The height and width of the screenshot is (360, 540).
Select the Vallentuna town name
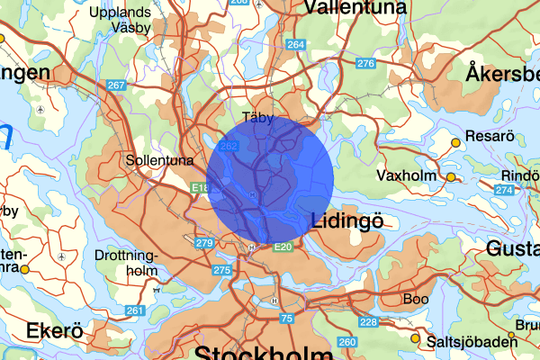click(x=350, y=8)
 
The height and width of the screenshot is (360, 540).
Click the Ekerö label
click(x=55, y=331)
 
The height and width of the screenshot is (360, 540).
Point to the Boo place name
click(x=417, y=298)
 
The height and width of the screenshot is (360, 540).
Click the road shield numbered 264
click(x=295, y=44)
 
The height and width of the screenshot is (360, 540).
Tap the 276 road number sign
click(x=364, y=63)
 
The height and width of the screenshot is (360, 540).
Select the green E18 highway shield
click(x=200, y=188)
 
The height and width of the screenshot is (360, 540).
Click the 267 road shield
click(x=115, y=85)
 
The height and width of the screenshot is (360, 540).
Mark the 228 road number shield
click(x=368, y=323)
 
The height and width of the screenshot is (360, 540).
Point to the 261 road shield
click(x=135, y=311)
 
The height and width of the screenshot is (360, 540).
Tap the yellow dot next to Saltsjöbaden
click(x=415, y=338)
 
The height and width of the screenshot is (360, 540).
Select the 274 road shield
click(x=504, y=190)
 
